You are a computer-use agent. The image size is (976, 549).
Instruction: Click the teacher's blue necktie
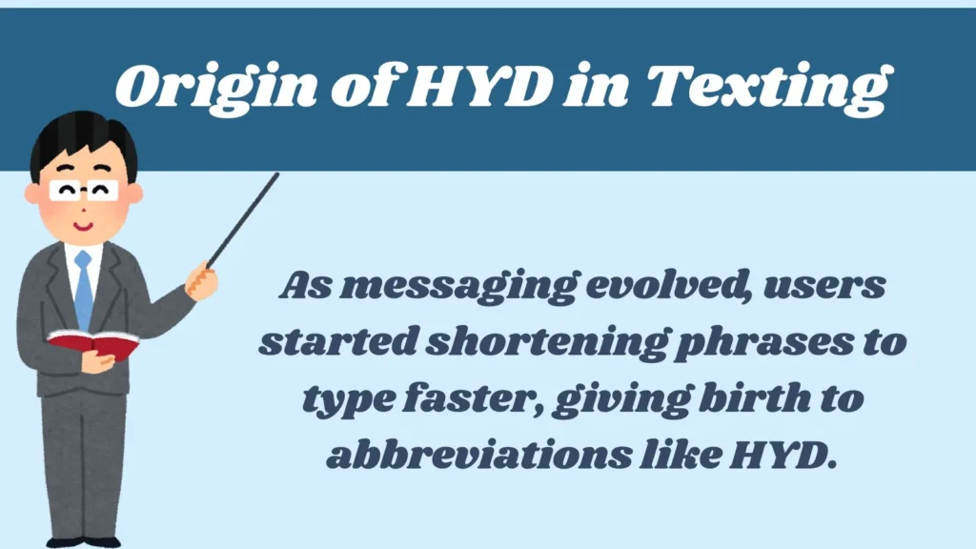coord(83,290)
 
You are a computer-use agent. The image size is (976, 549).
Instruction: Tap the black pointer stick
coord(243,219)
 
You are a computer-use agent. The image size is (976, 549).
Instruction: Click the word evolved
coord(656,287)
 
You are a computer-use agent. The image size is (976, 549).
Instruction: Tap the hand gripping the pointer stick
coord(202,280)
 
